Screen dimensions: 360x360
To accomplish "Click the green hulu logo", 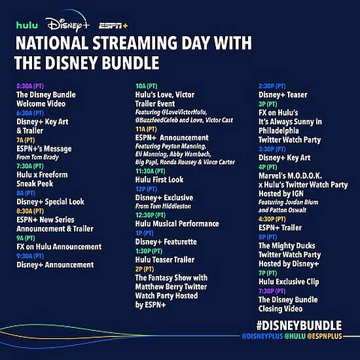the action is coord(27,25).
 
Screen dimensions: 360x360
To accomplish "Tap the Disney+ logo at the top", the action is coord(67,22).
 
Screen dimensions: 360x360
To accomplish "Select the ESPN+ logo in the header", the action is coord(113,26).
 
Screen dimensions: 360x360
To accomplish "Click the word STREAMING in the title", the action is coord(134,43).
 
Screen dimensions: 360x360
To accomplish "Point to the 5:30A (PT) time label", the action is coord(30,86).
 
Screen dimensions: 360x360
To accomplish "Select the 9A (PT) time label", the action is coord(26,238).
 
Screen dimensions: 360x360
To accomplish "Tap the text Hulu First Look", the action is coord(159,179).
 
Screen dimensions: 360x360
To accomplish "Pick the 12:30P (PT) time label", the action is coord(151,215).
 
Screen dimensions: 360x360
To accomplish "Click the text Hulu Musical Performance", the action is coord(177,224).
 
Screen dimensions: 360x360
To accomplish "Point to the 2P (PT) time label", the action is coord(145,269).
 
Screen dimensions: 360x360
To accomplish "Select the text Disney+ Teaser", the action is coord(283,95).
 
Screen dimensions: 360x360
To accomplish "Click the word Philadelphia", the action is coord(279,131).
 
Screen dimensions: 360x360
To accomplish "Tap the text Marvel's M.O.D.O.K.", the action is coord(290,175).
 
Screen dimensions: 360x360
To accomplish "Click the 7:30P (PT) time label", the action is coord(272,291).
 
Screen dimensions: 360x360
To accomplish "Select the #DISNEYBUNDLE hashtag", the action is coord(299,325).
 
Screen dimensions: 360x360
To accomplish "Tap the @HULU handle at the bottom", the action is coord(295,336).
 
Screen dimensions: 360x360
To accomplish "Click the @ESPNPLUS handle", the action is coord(325,336).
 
